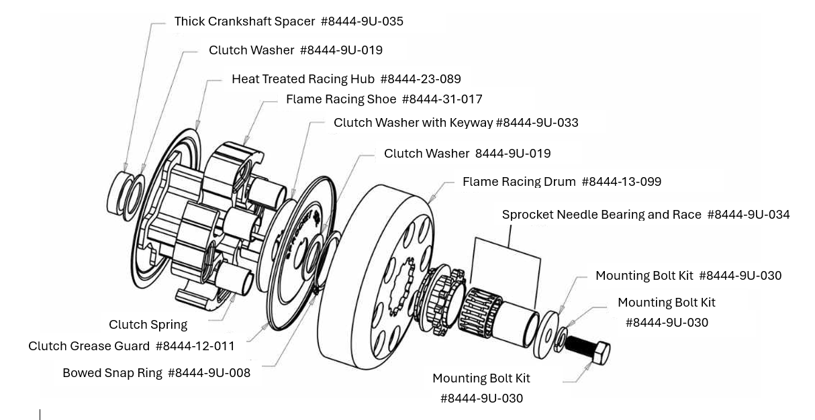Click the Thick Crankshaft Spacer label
point(244,21)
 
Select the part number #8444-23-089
point(420,79)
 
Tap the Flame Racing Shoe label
point(341,99)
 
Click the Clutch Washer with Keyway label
point(414,123)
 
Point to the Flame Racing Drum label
point(519,182)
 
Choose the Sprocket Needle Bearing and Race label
point(602,215)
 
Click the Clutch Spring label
point(148,325)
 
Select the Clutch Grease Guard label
point(89,346)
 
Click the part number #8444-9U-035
point(362,21)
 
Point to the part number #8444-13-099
point(621,182)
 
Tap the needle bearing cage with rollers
point(477,310)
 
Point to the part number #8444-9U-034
point(748,215)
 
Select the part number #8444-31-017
point(442,99)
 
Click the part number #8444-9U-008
point(209,373)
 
